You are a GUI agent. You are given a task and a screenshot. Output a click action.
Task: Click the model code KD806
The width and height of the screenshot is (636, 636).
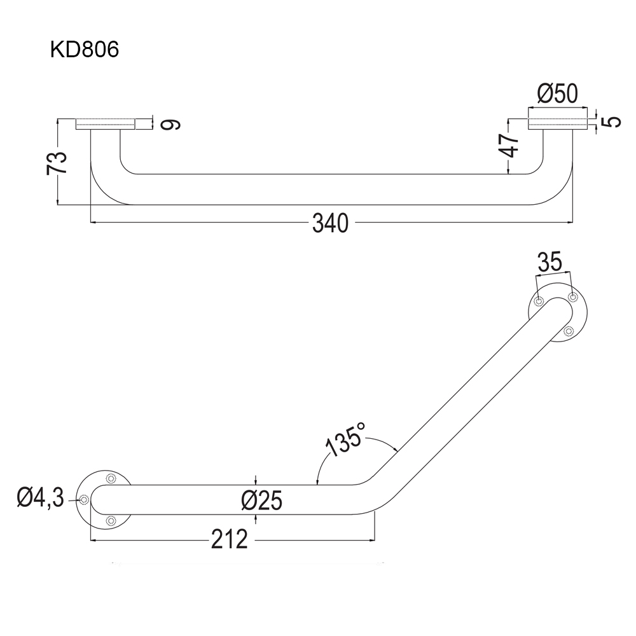click(x=85, y=50)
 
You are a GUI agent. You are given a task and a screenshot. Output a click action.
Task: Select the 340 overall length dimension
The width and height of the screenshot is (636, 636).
click(x=330, y=223)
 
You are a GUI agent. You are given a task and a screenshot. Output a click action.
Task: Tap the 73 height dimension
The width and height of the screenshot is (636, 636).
click(x=57, y=163)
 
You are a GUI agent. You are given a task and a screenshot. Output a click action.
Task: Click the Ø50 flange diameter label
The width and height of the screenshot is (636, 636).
click(x=557, y=93)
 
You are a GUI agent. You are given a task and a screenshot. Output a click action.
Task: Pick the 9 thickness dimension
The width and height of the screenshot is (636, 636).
click(x=170, y=125)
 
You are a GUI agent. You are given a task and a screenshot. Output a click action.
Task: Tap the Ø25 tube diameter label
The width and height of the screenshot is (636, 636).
click(x=261, y=500)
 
